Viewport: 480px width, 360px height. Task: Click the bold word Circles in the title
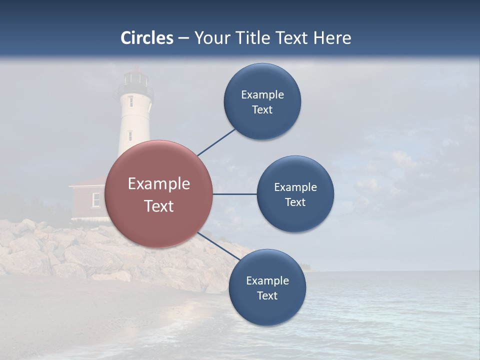click(x=147, y=38)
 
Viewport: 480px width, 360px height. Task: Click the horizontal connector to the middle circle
click(x=235, y=194)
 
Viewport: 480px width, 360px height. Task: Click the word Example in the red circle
click(x=159, y=184)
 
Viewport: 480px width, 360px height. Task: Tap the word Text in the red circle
click(x=159, y=206)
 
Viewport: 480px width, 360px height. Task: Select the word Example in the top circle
click(x=262, y=95)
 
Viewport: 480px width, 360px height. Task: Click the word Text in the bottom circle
click(x=267, y=295)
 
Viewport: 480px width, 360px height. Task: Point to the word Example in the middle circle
click(x=295, y=187)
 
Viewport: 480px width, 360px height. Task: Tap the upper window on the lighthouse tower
click(x=130, y=101)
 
